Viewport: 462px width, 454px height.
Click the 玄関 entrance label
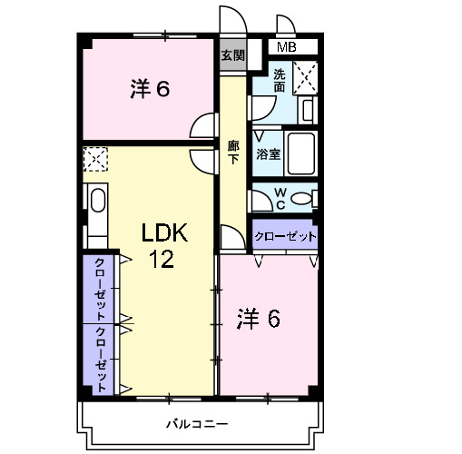pyautogui.click(x=232, y=54)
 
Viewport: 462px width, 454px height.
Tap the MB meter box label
pyautogui.click(x=286, y=47)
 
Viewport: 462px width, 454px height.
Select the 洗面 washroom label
pyautogui.click(x=280, y=81)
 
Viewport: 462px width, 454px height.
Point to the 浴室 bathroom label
pyautogui.click(x=268, y=154)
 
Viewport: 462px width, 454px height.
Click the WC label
pyautogui.click(x=280, y=197)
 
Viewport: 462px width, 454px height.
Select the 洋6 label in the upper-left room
pyautogui.click(x=151, y=89)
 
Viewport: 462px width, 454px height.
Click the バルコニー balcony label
pyautogui.click(x=197, y=424)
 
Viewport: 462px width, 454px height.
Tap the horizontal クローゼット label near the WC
pyautogui.click(x=285, y=236)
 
